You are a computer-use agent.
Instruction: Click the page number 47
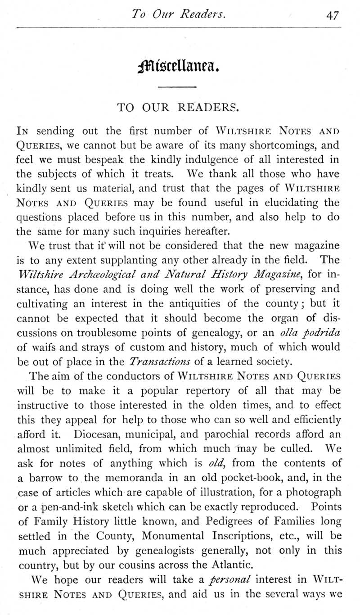pos(333,15)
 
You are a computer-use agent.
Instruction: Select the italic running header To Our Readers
pos(179,14)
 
